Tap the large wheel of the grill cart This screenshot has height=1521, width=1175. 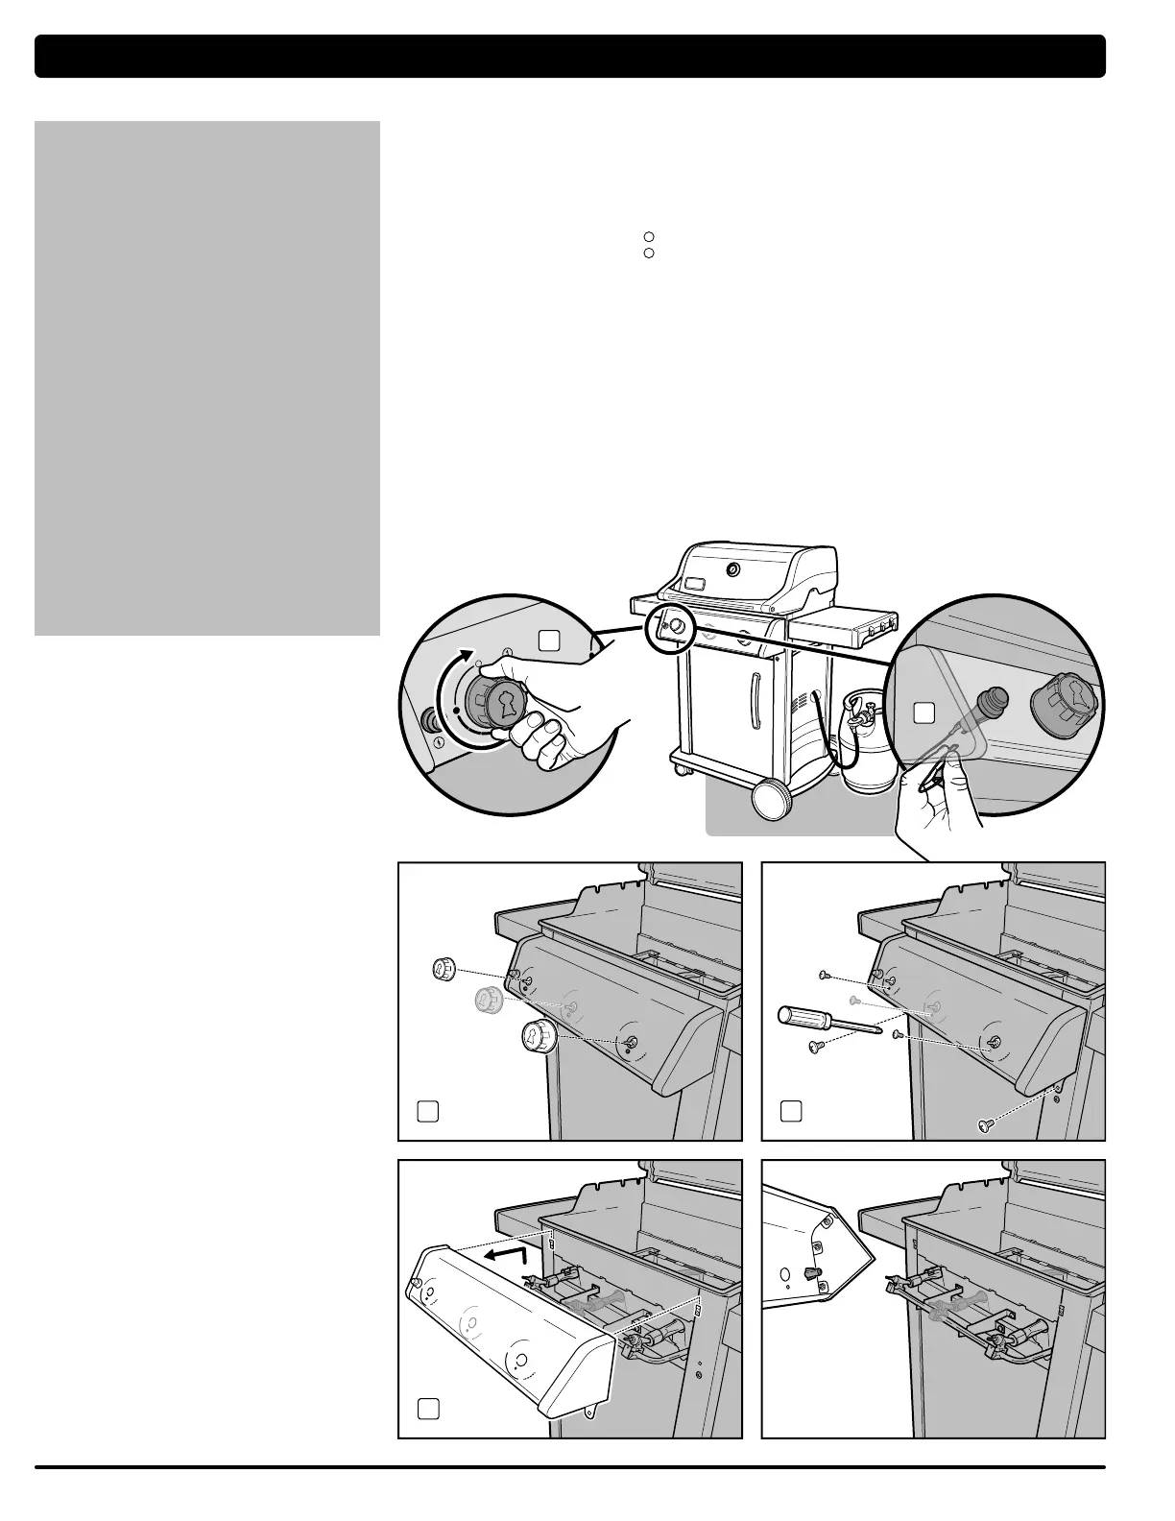pyautogui.click(x=771, y=799)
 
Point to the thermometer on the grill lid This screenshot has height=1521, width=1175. pyautogui.click(x=733, y=570)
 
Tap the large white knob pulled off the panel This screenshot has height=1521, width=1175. pyautogui.click(x=539, y=1037)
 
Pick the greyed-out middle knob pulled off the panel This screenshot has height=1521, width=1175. pyautogui.click(x=488, y=1001)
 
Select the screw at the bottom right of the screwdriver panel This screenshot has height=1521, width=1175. pyautogui.click(x=982, y=1125)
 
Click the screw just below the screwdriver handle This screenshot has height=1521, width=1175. pyautogui.click(x=818, y=1046)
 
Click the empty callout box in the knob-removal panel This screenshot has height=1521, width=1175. pyautogui.click(x=428, y=1111)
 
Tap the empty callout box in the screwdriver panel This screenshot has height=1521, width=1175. pyautogui.click(x=791, y=1111)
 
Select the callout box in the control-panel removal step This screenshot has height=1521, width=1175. pyautogui.click(x=428, y=1409)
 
